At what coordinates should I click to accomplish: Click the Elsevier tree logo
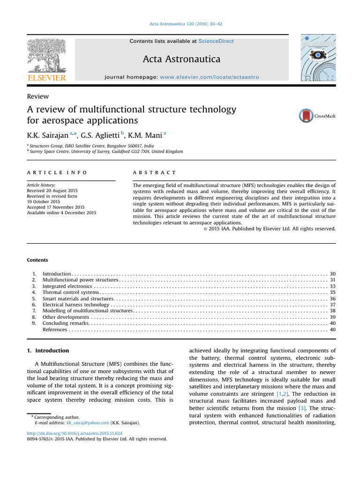pyautogui.click(x=46, y=56)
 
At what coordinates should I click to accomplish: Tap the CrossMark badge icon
pyautogui.click(x=306, y=116)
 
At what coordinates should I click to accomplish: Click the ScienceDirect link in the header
pyautogui.click(x=216, y=41)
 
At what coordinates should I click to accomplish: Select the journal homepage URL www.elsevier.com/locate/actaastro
pyautogui.click(x=209, y=77)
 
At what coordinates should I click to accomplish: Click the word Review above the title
pyautogui.click(x=38, y=97)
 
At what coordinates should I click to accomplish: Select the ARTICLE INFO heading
pyautogui.click(x=57, y=173)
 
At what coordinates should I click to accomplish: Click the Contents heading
pyautogui.click(x=37, y=260)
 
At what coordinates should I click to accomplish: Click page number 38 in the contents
pyautogui.click(x=332, y=311)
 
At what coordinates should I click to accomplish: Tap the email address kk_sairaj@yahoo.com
pyautogui.click(x=89, y=423)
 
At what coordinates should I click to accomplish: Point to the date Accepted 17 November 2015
pyautogui.click(x=56, y=207)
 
